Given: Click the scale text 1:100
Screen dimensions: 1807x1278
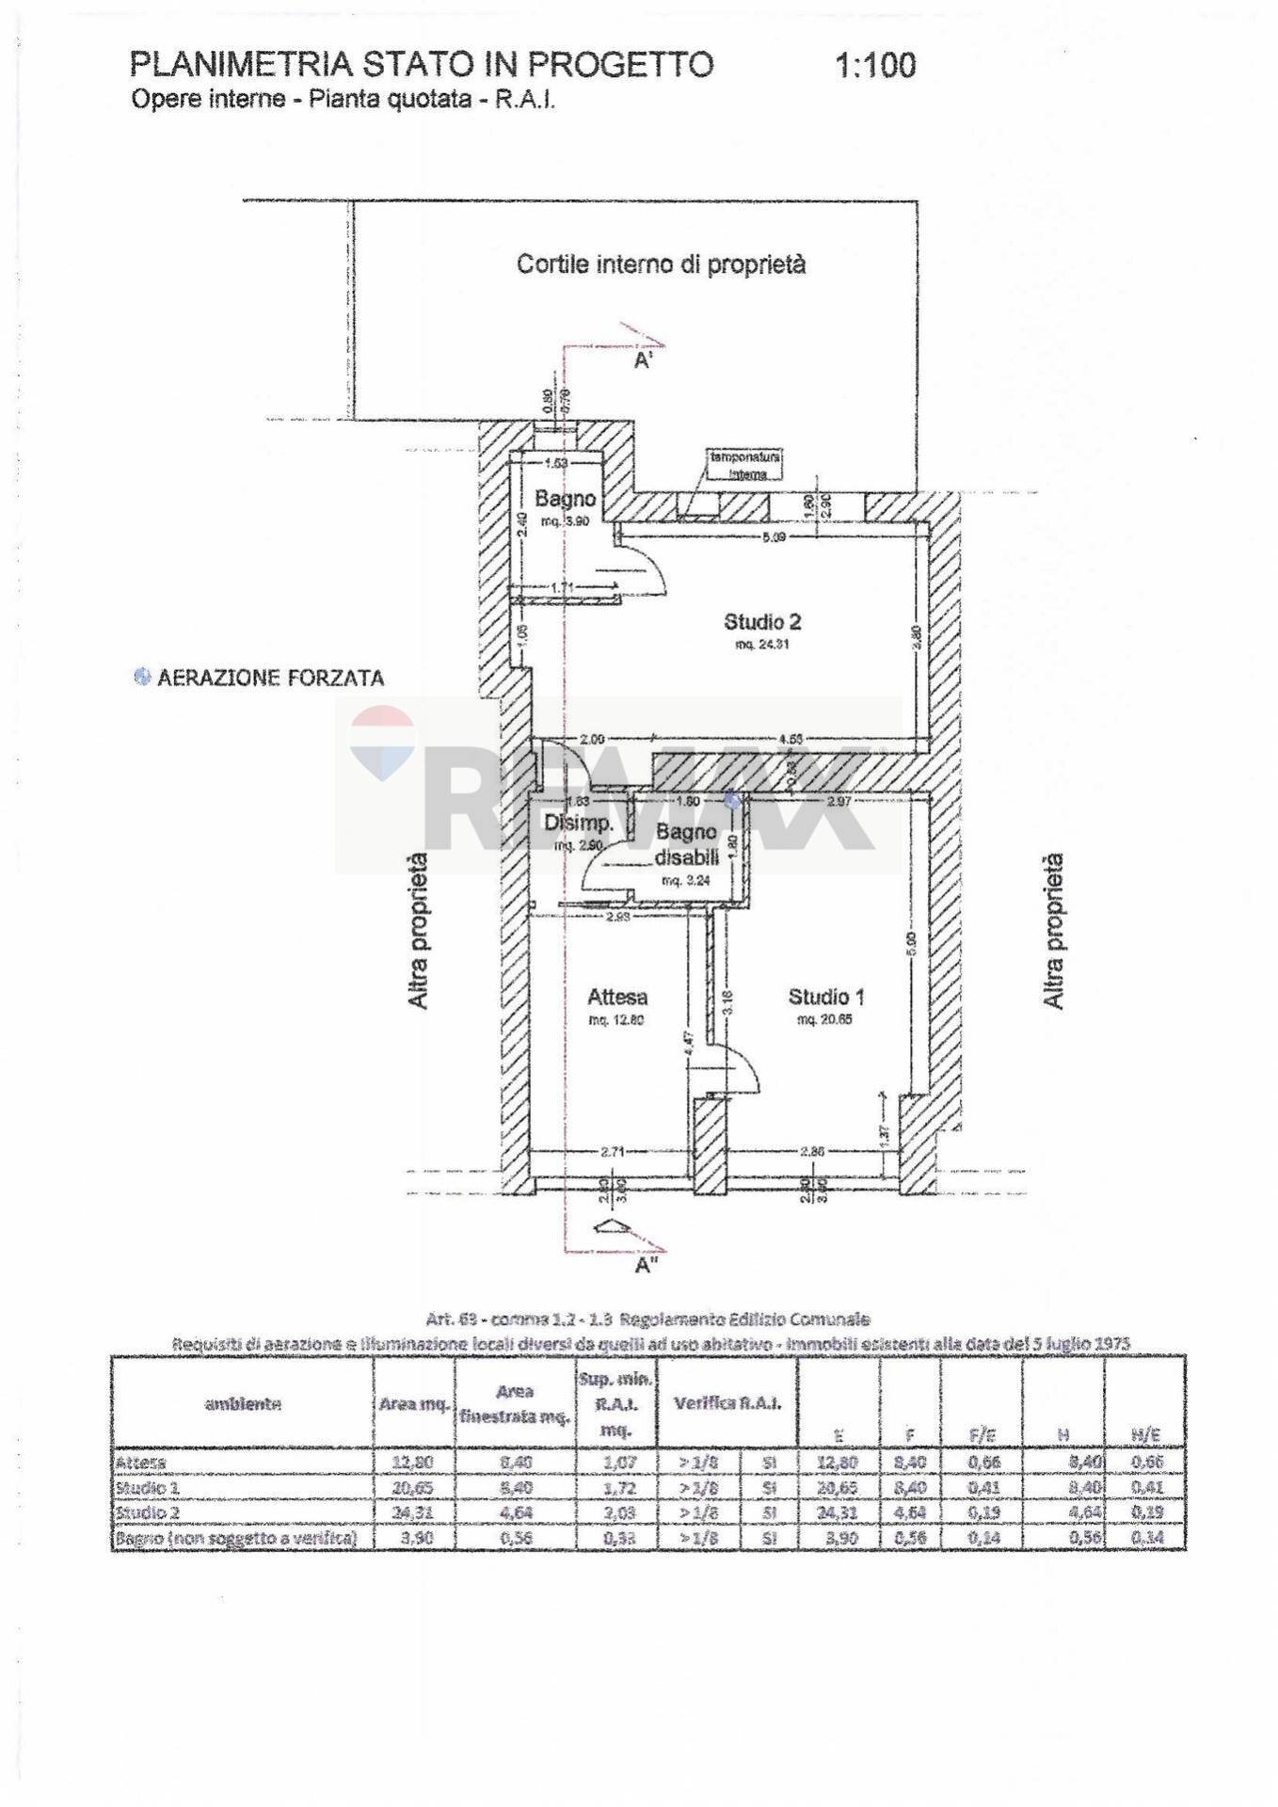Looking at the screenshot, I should pos(874,66).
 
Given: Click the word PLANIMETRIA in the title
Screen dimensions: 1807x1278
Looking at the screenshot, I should pos(241,65).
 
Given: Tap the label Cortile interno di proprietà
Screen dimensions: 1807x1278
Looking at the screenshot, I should pos(661,264).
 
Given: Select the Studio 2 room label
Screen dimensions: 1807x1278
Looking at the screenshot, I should pos(762,622).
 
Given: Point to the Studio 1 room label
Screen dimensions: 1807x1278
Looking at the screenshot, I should pos(826,998).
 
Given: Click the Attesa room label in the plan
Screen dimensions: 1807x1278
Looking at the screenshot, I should pos(617,998).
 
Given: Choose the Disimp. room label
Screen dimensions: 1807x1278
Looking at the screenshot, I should pos(579,824).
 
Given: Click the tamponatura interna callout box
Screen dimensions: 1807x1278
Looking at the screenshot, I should pos(748,465).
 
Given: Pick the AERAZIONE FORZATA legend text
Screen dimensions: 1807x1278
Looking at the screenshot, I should pos(270,679).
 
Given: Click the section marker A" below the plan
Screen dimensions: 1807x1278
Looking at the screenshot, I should pos(645,1266).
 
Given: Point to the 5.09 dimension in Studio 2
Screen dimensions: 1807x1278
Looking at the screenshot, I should pos(774,537).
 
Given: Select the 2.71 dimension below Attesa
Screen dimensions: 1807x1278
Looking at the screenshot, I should pos(614,1151).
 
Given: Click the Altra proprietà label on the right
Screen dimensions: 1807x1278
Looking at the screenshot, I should pos(1054,932).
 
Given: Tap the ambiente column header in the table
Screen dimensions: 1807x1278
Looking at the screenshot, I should pos(243,1404).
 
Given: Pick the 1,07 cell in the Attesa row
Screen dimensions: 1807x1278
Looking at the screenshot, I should pos(615,1463).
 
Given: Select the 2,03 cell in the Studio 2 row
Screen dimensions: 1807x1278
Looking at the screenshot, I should pos(615,1512).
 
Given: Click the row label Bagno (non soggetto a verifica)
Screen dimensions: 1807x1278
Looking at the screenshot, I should pos(235,1538).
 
